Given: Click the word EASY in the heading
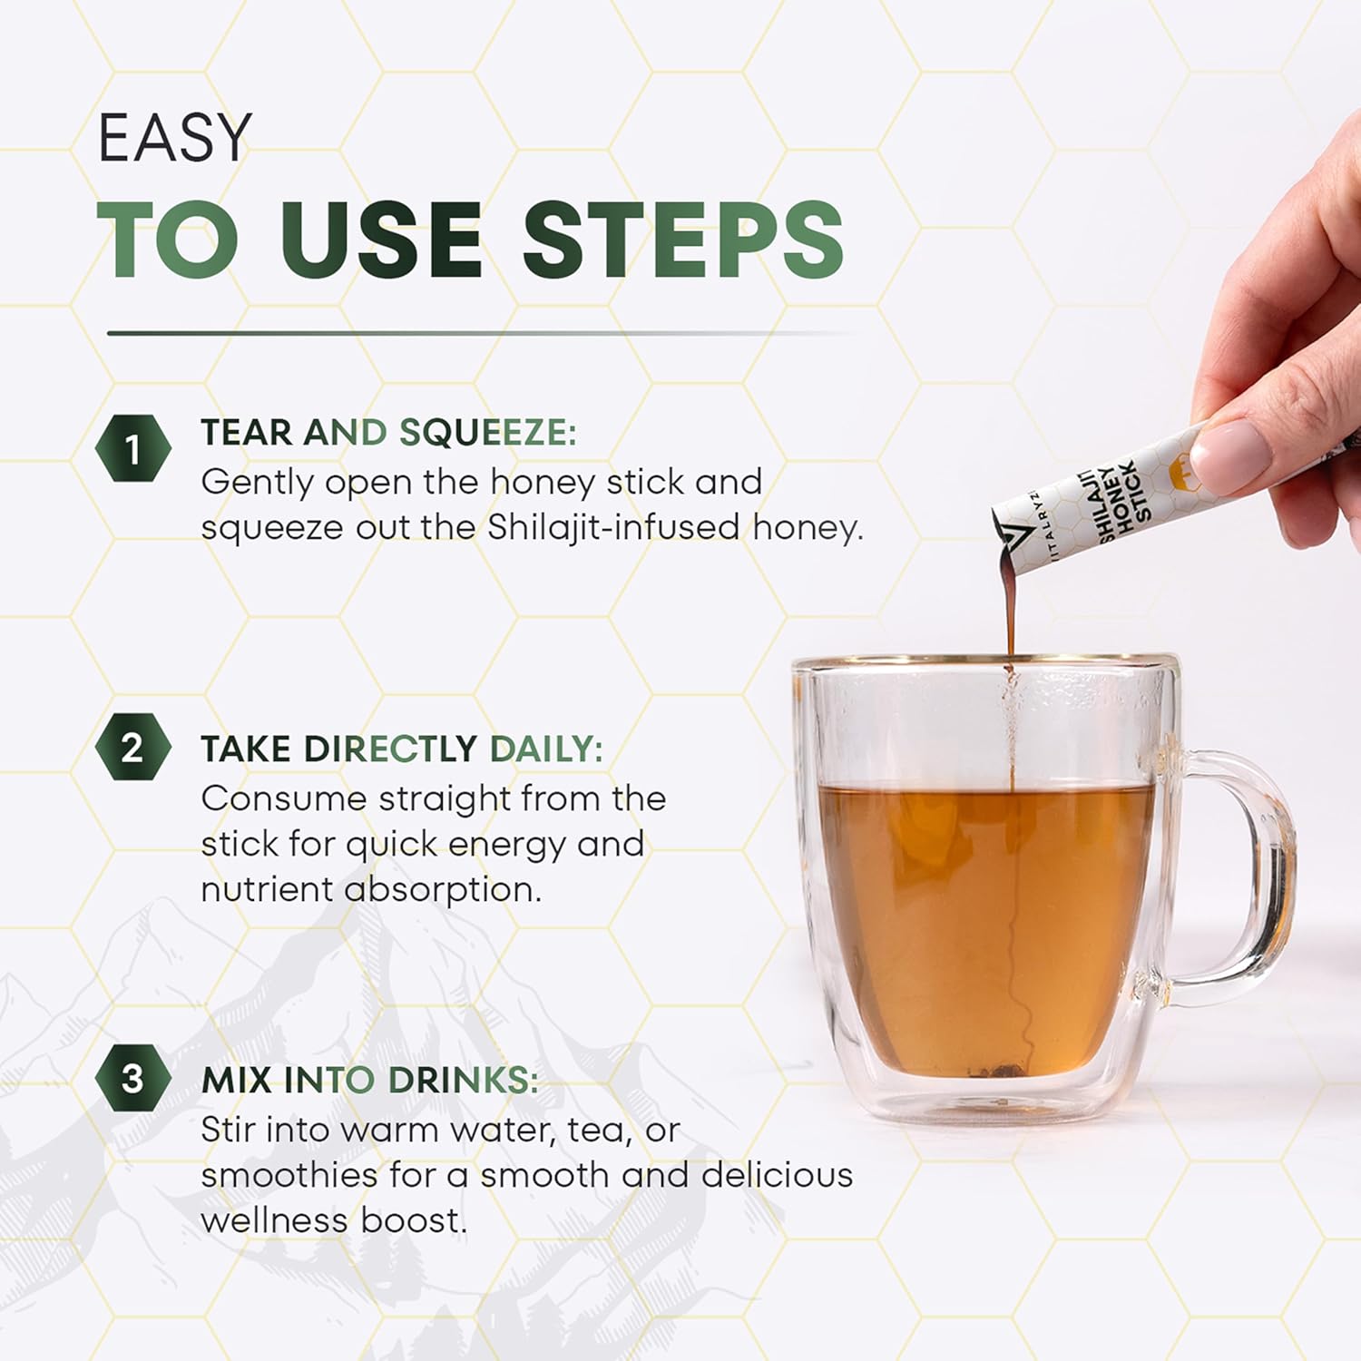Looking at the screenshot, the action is (x=174, y=138).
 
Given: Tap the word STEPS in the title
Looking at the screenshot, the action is (x=683, y=240).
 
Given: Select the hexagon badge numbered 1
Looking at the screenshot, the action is (x=133, y=448).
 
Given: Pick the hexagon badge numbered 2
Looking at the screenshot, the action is (x=133, y=747).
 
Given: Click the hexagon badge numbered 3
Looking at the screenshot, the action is (x=133, y=1078).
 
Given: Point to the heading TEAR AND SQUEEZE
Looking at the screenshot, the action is (x=388, y=433).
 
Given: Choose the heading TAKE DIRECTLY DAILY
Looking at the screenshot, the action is (x=402, y=749).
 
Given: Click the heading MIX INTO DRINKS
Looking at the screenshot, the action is (x=369, y=1080).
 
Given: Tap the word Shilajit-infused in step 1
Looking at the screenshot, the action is (x=613, y=528).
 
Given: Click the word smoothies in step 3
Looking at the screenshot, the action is (x=289, y=1175).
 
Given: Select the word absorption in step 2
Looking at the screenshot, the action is (x=442, y=890).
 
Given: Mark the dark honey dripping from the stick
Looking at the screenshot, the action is (x=1009, y=599).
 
